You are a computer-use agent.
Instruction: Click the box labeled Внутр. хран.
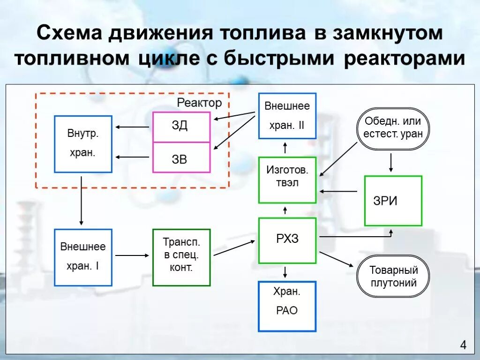click(x=83, y=144)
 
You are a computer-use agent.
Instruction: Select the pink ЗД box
click(x=181, y=127)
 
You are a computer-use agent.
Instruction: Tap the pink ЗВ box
click(x=181, y=158)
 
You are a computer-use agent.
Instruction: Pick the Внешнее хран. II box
click(x=287, y=116)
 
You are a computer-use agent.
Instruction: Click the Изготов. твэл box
click(x=287, y=180)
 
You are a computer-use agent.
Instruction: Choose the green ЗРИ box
click(x=393, y=201)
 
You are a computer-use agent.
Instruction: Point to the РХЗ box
click(x=287, y=240)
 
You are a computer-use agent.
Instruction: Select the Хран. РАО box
click(x=287, y=306)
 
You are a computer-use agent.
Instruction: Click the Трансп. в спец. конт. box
click(x=181, y=257)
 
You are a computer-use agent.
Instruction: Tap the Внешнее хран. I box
click(x=83, y=257)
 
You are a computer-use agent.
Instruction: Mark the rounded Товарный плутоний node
click(x=393, y=277)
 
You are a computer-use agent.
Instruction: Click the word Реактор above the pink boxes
click(x=199, y=103)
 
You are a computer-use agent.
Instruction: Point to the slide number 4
click(x=463, y=346)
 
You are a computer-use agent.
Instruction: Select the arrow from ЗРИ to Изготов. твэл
click(x=338, y=191)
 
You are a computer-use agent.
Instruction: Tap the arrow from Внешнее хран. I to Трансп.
click(x=132, y=255)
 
